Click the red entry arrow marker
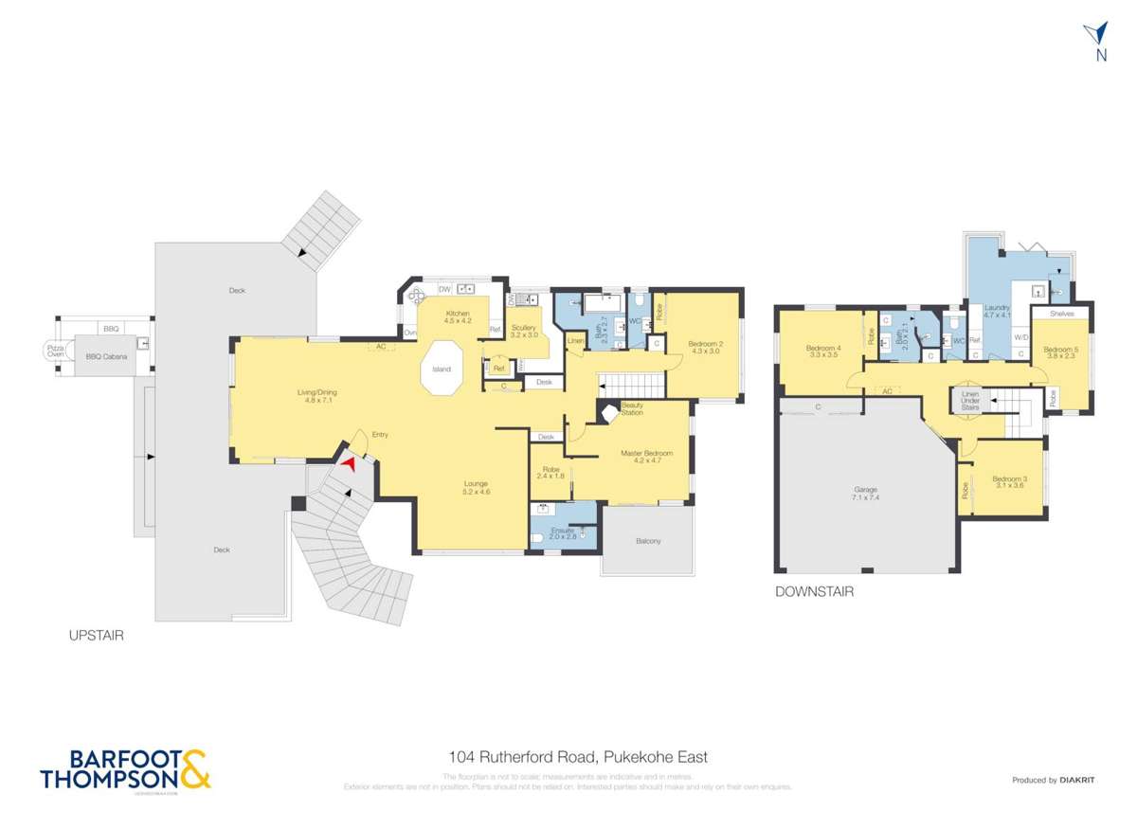350,463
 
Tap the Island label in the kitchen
441,369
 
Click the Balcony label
648,541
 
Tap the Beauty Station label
631,409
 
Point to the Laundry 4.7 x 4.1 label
996,312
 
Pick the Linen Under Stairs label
969,401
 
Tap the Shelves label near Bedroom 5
1060,312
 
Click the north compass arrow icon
1099,36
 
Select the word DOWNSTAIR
815,592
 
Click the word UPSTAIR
95,636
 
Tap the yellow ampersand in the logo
195,769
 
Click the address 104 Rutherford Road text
578,757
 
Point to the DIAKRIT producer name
1077,780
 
